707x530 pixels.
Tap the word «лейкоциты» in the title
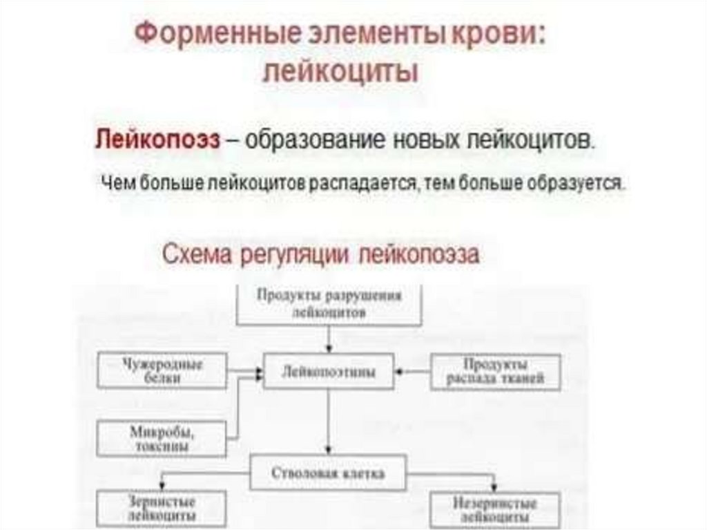click(x=340, y=71)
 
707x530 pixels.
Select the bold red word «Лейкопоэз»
click(x=157, y=140)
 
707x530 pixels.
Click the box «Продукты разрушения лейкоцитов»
click(x=329, y=303)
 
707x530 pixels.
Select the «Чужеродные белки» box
click(x=162, y=371)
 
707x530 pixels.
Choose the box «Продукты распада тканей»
click(x=496, y=371)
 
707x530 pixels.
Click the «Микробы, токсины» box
click(x=162, y=438)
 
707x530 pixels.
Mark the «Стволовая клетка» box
click(x=329, y=473)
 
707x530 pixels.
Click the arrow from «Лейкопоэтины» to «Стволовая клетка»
click(x=329, y=422)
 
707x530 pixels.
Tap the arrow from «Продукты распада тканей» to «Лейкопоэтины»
click(x=413, y=371)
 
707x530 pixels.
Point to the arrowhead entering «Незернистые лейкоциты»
click(x=495, y=486)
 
